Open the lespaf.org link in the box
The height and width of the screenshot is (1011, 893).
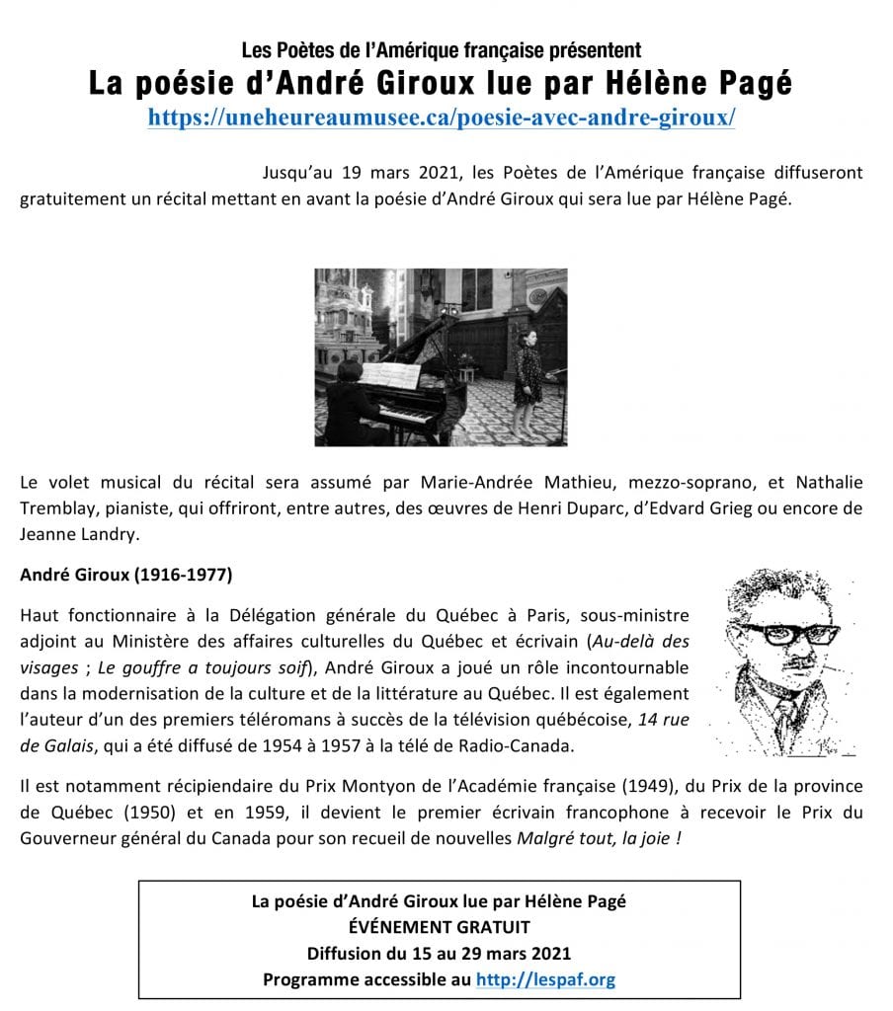pyautogui.click(x=545, y=979)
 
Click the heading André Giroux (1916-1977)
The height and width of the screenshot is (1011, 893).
pyautogui.click(x=125, y=573)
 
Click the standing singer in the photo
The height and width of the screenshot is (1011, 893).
pyautogui.click(x=527, y=375)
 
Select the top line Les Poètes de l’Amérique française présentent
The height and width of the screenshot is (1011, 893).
pyautogui.click(x=441, y=49)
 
